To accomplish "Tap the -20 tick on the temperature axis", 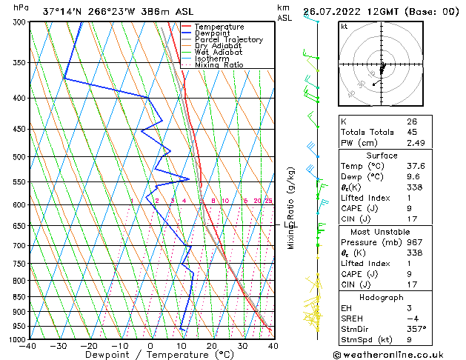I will click(x=89, y=346).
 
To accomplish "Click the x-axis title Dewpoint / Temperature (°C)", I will click(x=150, y=355).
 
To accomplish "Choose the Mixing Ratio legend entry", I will click(x=219, y=64).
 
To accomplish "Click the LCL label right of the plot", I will click(x=290, y=224).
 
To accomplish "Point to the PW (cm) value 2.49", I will click(x=415, y=143).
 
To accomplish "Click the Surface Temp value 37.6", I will click(x=416, y=167).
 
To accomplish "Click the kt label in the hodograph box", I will click(x=344, y=27).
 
